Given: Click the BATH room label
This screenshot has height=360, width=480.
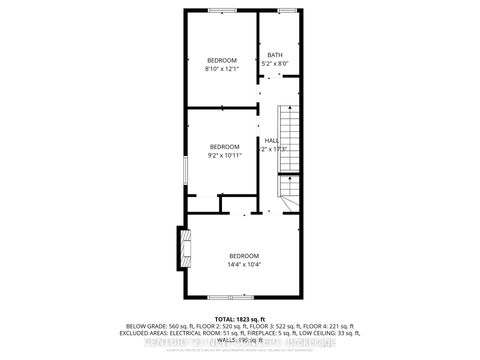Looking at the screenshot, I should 275,54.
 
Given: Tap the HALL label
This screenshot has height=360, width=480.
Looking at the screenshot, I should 271,140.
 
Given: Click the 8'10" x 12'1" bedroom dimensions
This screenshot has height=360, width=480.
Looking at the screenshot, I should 221,68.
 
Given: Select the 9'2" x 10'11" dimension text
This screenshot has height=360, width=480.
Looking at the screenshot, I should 225,156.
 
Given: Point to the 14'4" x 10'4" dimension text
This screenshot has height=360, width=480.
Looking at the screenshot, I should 244,265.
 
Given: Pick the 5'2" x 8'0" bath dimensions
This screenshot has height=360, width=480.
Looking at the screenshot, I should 275,63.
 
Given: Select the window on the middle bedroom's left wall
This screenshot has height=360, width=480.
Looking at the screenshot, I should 184,166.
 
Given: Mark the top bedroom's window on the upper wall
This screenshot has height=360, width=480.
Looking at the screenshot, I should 221,11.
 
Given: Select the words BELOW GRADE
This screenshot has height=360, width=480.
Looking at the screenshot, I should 142,325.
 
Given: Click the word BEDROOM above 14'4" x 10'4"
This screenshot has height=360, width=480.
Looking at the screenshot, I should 244,256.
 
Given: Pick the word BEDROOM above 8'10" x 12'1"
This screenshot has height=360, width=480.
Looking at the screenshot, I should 221,59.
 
